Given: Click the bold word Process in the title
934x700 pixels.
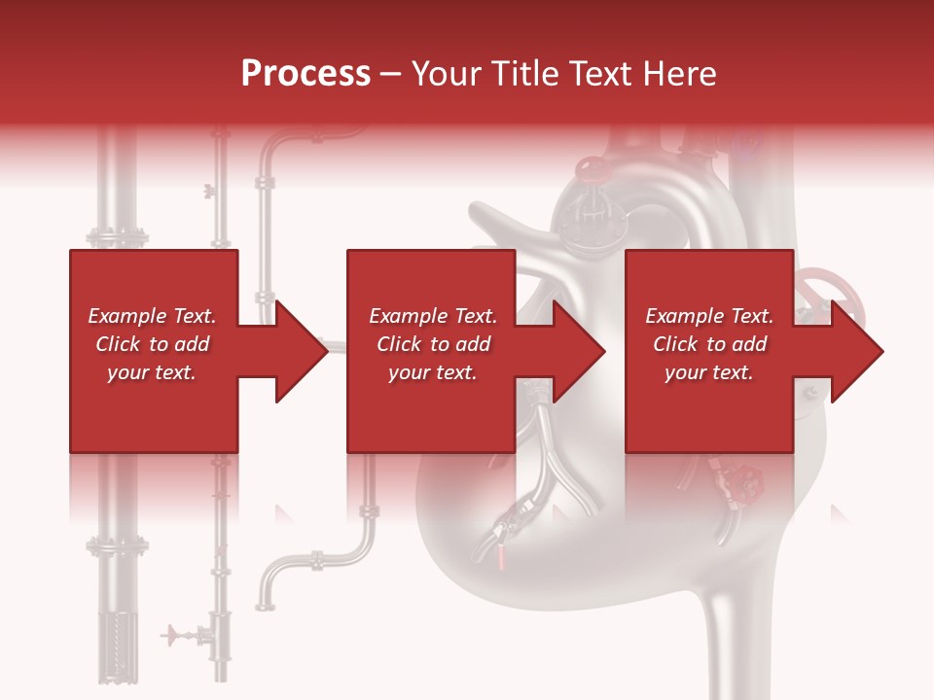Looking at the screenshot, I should [x=305, y=74].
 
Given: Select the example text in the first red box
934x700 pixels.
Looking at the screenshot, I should [x=152, y=344].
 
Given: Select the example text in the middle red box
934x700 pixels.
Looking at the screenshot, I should [x=432, y=344].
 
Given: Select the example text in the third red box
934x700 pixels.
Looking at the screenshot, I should [x=709, y=344].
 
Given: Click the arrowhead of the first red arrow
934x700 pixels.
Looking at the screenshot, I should [x=303, y=351].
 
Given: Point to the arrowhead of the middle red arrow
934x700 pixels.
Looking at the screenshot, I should [x=580, y=351].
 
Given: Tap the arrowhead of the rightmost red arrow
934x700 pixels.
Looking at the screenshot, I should [x=857, y=351].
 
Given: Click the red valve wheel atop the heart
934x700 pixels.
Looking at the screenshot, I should [x=591, y=171].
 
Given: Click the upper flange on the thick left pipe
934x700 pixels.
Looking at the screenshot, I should [x=117, y=236].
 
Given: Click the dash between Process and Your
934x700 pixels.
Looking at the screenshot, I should [x=391, y=74].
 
